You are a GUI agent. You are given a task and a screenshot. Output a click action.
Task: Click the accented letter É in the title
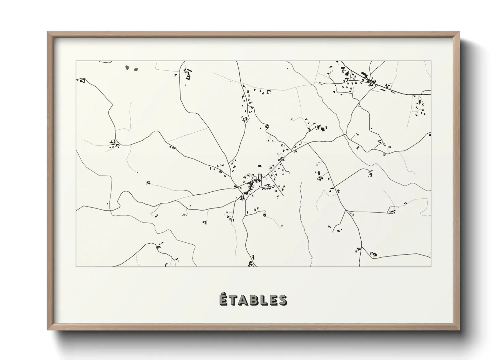coord(223,300)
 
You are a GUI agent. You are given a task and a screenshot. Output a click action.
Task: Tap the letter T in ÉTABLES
coord(235,300)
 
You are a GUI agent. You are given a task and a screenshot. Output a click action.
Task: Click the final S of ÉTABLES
coord(283,300)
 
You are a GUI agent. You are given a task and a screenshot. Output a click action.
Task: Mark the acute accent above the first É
coord(224,293)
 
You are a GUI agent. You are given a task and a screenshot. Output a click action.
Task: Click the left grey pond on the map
coord(127,67)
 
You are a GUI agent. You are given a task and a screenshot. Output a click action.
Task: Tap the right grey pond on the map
coord(136,69)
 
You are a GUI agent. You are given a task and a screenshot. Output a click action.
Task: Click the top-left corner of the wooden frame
coord(48,32)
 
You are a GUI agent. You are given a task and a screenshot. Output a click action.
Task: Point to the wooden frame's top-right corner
coord(459,32)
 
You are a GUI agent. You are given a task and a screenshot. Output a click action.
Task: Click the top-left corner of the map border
coord(76,61)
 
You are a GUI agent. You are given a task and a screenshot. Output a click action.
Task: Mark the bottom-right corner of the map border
coord(431,266)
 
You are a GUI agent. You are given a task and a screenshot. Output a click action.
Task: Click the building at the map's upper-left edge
coord(82,81)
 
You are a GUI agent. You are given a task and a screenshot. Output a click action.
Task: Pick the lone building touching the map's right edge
coord(430,135)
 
